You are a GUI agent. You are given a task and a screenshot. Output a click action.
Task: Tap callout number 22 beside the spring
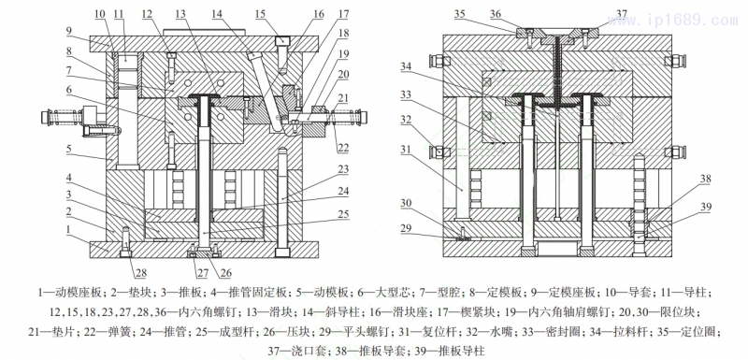click(343, 149)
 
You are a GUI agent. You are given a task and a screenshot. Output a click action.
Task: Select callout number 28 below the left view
click(141, 273)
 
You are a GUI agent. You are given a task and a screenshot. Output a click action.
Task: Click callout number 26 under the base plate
click(225, 273)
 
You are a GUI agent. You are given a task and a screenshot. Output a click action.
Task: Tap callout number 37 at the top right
click(621, 12)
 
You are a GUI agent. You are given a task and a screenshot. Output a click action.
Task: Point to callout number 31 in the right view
click(405, 150)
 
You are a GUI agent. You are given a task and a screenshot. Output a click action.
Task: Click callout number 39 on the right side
click(706, 207)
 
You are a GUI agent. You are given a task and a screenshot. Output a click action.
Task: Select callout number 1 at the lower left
click(68, 229)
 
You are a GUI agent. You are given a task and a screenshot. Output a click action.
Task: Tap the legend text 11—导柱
click(688, 292)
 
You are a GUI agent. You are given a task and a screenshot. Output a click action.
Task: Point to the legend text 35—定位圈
click(689, 332)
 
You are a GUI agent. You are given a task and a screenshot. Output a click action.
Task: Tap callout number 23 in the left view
click(343, 169)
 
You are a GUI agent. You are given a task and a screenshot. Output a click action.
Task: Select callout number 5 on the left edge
click(68, 148)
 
